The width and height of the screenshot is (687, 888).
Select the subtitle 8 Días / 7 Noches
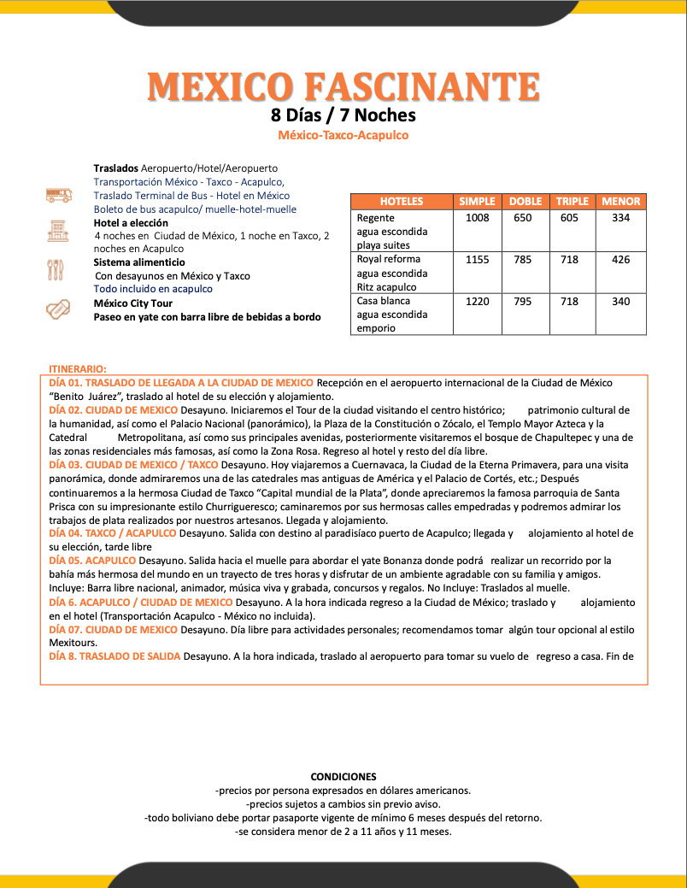(x=343, y=115)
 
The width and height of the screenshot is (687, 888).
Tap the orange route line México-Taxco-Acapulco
(x=343, y=135)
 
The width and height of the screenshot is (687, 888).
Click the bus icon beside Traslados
(x=59, y=195)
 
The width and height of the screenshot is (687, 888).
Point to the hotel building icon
(x=58, y=229)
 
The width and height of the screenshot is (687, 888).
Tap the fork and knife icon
(x=56, y=269)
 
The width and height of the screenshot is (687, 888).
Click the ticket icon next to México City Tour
(x=58, y=309)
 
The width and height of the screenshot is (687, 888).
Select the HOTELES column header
(x=401, y=202)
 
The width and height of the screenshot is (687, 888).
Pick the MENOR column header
(x=620, y=202)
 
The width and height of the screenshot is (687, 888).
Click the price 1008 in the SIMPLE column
(x=477, y=218)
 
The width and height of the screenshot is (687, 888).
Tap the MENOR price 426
(x=621, y=260)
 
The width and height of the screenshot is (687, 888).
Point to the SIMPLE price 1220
(x=477, y=301)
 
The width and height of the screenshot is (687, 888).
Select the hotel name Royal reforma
(x=384, y=259)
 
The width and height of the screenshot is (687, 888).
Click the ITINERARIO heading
(x=78, y=368)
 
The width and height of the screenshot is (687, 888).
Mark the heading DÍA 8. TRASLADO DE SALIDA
(x=114, y=656)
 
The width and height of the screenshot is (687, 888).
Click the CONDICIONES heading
(x=343, y=777)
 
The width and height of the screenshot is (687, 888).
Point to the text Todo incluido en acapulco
(x=153, y=289)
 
